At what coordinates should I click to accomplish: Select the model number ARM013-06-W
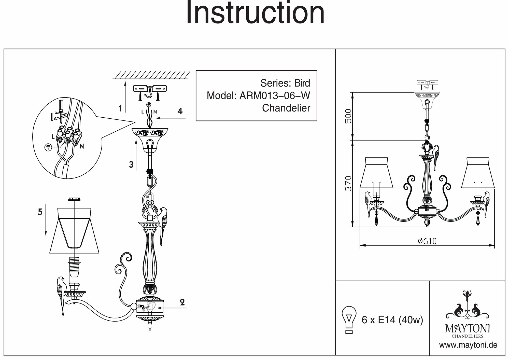(275, 96)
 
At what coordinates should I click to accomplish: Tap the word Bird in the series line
(302, 83)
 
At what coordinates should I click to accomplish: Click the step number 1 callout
(120, 109)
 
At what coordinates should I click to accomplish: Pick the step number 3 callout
(131, 165)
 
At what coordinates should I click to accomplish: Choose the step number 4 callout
(180, 111)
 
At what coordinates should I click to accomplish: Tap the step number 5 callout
(40, 212)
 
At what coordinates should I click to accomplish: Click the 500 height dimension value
(348, 116)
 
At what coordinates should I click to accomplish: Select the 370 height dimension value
(348, 183)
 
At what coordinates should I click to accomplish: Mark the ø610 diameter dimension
(427, 241)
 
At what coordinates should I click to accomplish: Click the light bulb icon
(349, 320)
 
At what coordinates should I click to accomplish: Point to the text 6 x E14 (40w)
(392, 320)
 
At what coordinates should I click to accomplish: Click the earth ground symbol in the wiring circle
(48, 147)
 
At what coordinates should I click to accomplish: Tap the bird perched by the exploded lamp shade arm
(61, 293)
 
